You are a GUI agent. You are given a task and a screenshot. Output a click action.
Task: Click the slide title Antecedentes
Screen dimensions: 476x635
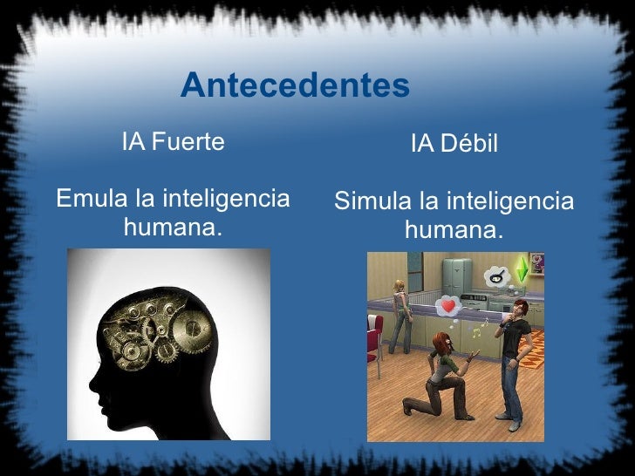click(295, 86)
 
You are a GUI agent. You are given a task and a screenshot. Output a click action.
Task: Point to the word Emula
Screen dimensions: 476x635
click(91, 200)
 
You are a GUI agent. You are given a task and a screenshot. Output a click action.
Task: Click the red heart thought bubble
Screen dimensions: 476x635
click(448, 305)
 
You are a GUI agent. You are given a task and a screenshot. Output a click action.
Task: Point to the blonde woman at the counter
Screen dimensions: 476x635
click(399, 309)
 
